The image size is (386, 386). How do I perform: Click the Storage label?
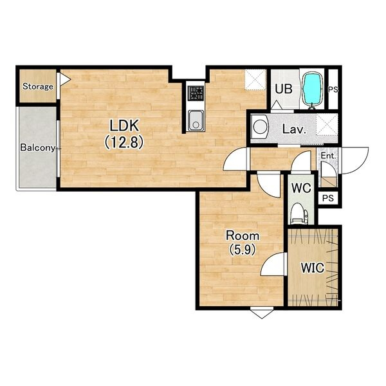tap(38, 86)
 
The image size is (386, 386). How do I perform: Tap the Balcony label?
tap(38, 148)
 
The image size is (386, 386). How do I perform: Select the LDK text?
tap(124, 126)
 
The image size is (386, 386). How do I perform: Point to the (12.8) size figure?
tap(124, 143)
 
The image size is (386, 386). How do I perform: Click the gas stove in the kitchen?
tap(196, 93)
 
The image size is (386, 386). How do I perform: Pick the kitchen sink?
tap(196, 121)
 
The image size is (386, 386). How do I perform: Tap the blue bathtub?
tap(312, 89)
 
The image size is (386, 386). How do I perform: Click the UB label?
tap(284, 89)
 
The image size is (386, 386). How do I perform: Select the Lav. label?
tap(294, 129)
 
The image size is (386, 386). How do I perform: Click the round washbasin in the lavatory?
tap(261, 127)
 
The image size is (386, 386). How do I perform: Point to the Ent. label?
tap(328, 156)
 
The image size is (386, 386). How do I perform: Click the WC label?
tap(301, 188)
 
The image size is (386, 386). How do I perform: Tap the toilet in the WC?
tap(299, 213)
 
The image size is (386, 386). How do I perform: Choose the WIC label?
tap(313, 268)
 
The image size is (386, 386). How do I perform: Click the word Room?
tap(243, 236)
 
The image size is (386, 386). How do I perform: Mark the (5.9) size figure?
tap(243, 250)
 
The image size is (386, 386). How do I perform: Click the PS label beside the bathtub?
tap(333, 89)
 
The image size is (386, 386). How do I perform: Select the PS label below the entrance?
tap(328, 198)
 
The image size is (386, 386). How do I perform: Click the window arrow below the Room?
tap(262, 314)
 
